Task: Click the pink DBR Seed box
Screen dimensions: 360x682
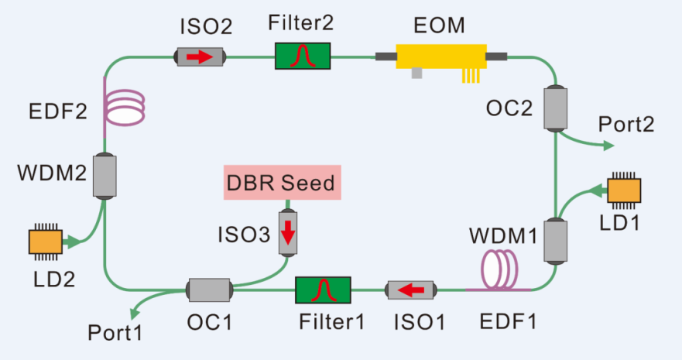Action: pyautogui.click(x=282, y=183)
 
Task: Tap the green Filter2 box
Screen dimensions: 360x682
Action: pyautogui.click(x=303, y=56)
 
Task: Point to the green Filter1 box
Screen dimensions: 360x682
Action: pyautogui.click(x=323, y=290)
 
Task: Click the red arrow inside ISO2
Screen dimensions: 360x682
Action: pyautogui.click(x=199, y=57)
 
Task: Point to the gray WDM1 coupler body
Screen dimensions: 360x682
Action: pyautogui.click(x=554, y=241)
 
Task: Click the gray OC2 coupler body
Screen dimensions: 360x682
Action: pyautogui.click(x=554, y=109)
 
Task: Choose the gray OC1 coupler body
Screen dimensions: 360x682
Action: pyautogui.click(x=210, y=290)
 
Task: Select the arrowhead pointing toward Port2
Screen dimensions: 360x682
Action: pyautogui.click(x=608, y=145)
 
